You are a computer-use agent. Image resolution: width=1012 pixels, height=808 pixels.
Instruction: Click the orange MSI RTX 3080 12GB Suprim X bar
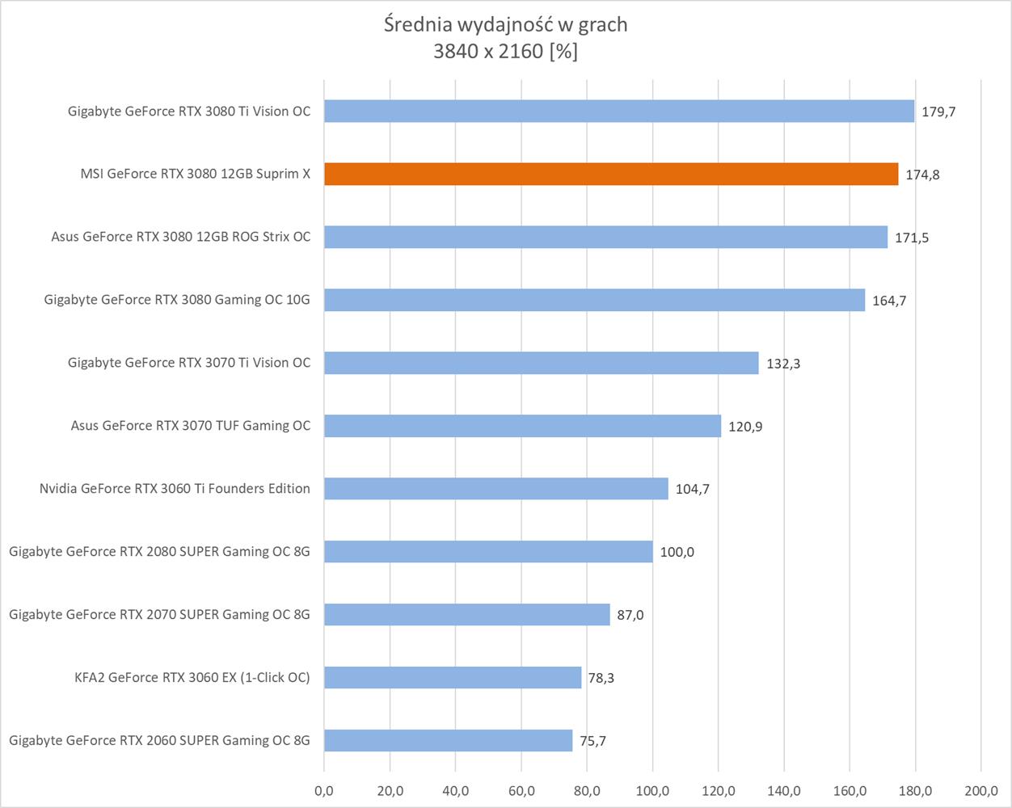611,174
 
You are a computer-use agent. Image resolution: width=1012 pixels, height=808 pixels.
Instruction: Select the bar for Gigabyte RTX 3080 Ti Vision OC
619,111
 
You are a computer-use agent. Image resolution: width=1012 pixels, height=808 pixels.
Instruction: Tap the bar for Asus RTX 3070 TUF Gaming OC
522,426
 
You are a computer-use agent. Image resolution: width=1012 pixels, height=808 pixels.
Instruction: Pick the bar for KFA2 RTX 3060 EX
453,677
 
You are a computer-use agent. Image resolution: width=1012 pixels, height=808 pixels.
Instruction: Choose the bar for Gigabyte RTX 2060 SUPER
448,740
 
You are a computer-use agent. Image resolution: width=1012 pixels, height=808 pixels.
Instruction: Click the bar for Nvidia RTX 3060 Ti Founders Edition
496,489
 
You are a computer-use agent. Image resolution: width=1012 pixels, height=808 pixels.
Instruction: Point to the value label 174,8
922,175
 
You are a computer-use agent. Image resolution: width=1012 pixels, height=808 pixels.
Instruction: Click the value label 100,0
677,553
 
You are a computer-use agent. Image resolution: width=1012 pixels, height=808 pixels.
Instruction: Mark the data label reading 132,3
782,364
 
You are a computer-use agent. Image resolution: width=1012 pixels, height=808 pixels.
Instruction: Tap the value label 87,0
630,615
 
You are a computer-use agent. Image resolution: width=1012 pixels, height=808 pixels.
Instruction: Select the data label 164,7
889,301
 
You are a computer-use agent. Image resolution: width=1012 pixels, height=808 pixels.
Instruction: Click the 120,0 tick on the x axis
718,790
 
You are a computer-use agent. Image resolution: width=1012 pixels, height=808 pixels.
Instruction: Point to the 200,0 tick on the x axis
980,790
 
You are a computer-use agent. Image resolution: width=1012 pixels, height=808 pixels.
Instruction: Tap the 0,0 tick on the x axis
324,790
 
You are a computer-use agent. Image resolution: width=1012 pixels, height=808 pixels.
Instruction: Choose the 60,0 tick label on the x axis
521,790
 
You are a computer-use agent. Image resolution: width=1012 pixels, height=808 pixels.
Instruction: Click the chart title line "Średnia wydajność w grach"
506,25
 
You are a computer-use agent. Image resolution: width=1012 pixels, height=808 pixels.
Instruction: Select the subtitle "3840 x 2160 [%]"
506,52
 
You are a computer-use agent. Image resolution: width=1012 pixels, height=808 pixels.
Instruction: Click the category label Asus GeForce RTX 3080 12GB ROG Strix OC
180,237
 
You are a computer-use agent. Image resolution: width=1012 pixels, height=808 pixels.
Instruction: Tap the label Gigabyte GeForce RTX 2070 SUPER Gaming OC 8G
159,614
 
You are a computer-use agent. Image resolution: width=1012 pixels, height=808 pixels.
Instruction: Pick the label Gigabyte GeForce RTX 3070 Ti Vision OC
188,363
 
